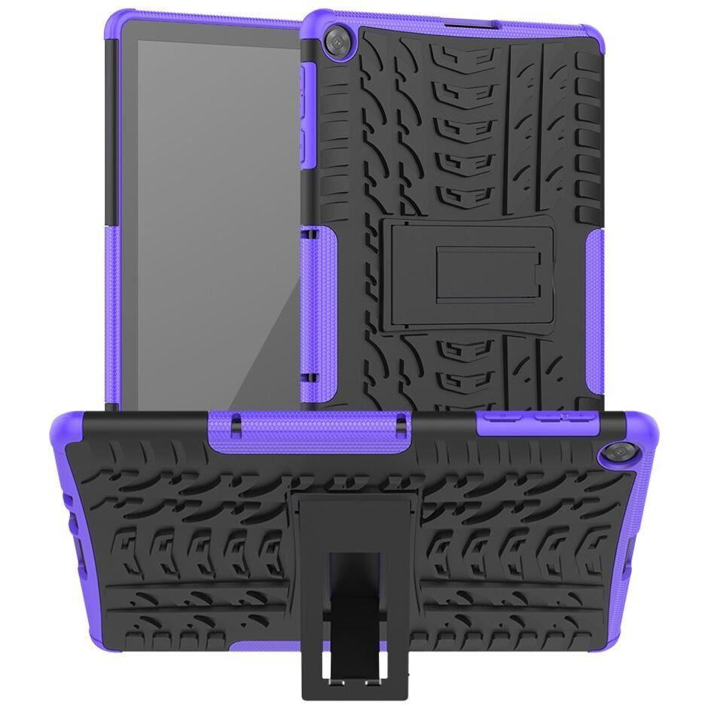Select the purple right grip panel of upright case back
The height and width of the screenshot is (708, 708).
[593, 301]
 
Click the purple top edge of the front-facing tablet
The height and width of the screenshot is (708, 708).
[188, 17]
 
